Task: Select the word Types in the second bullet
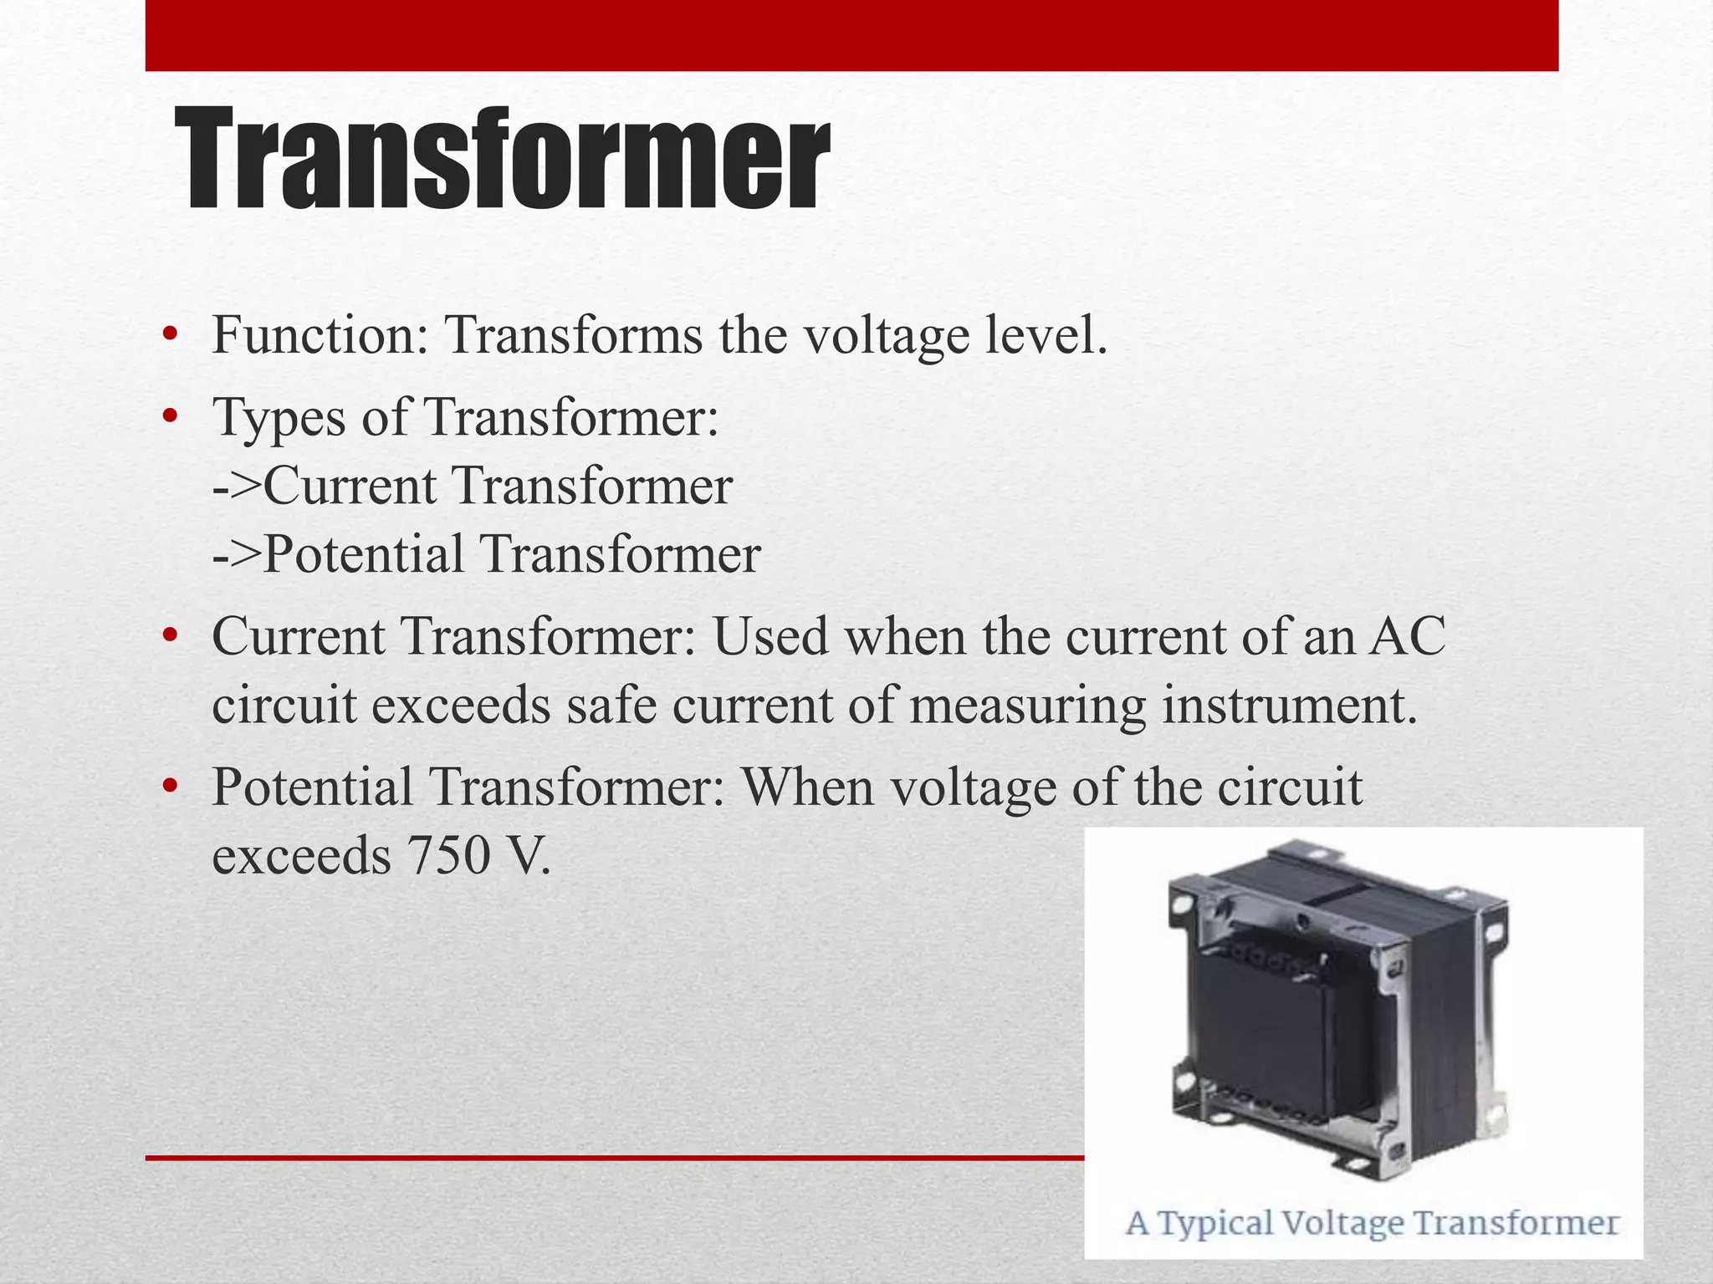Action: click(279, 417)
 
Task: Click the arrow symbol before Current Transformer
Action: click(237, 487)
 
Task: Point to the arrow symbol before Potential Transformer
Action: click(237, 555)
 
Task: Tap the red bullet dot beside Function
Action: click(171, 335)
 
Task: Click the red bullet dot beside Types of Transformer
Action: click(171, 415)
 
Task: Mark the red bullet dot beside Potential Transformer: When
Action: click(171, 786)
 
